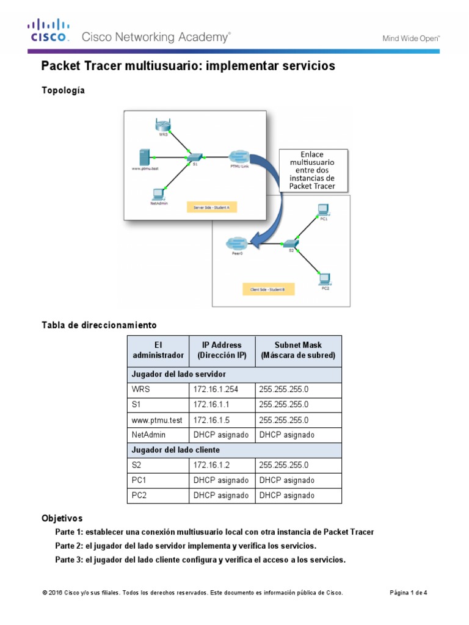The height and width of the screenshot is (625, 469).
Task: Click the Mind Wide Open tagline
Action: coord(411,38)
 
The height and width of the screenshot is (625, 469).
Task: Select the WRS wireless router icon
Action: coord(163,126)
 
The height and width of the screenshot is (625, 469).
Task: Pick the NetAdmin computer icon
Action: coord(158,195)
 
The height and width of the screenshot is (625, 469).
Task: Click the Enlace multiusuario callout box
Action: coord(313,170)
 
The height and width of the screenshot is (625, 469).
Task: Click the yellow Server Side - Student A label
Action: coord(211,208)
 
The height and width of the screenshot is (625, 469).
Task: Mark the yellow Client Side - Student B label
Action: coord(267,289)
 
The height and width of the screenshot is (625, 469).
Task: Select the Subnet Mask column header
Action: coord(298,350)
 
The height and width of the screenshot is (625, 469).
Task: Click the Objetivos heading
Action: coord(62,518)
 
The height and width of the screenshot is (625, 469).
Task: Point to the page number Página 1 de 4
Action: coord(409,593)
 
